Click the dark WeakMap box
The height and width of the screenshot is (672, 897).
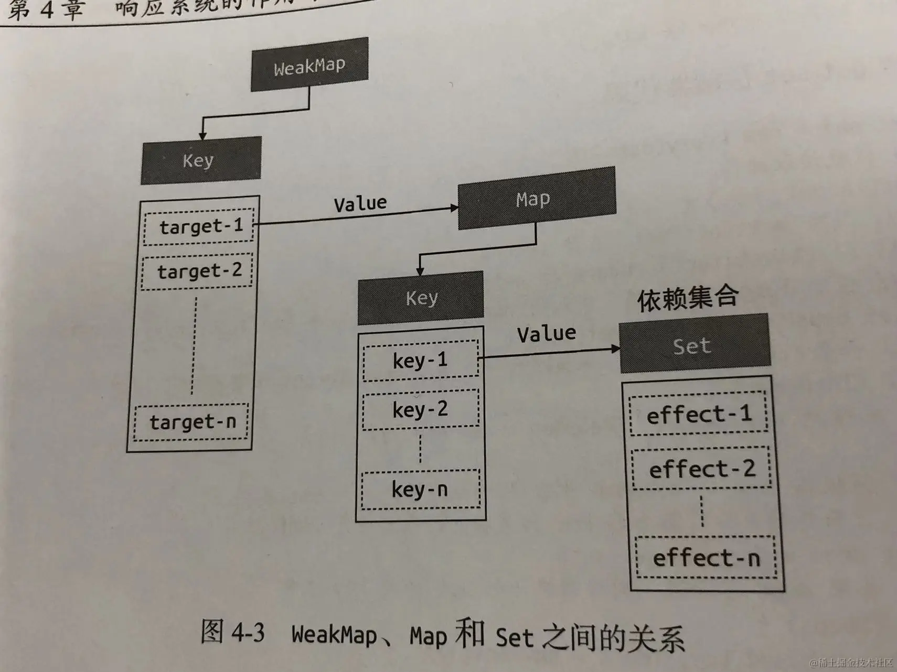309,65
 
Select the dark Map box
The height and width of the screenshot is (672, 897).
536,199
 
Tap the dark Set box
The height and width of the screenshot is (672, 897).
694,344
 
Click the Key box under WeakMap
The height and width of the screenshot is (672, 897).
200,160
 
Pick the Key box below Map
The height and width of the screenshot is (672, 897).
421,297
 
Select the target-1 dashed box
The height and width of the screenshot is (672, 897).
199,226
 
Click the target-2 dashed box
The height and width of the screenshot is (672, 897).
198,271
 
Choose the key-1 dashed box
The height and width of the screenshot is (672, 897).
421,360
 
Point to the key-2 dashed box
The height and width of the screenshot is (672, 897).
421,409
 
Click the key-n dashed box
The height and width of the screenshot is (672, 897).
421,490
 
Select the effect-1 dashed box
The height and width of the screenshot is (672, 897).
699,414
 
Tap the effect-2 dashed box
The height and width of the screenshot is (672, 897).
702,469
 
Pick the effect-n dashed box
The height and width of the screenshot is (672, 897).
706,557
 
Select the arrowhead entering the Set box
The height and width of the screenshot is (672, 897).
615,349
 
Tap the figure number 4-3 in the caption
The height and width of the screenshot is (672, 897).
248,633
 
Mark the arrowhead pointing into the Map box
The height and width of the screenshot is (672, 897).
454,208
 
